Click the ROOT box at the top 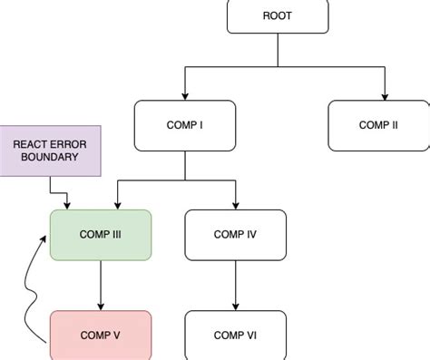[x=277, y=16]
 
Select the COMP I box [x=185, y=125]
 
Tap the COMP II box [x=378, y=125]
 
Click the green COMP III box [x=100, y=235]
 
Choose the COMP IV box [x=235, y=235]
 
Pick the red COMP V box [x=100, y=335]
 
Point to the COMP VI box [x=235, y=335]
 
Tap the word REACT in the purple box [x=33, y=143]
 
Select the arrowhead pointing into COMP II [x=386, y=95]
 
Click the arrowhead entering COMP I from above [x=185, y=95]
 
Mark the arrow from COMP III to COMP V [x=100, y=286]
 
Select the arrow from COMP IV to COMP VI [x=235, y=286]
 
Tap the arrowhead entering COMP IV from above [x=235, y=205]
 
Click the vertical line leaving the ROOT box [x=277, y=50]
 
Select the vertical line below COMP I [x=185, y=165]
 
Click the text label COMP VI [x=235, y=336]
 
